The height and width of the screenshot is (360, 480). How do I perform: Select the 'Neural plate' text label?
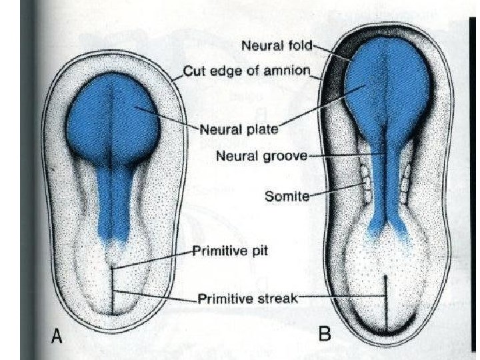233,129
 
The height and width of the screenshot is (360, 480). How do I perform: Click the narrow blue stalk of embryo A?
113,200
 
